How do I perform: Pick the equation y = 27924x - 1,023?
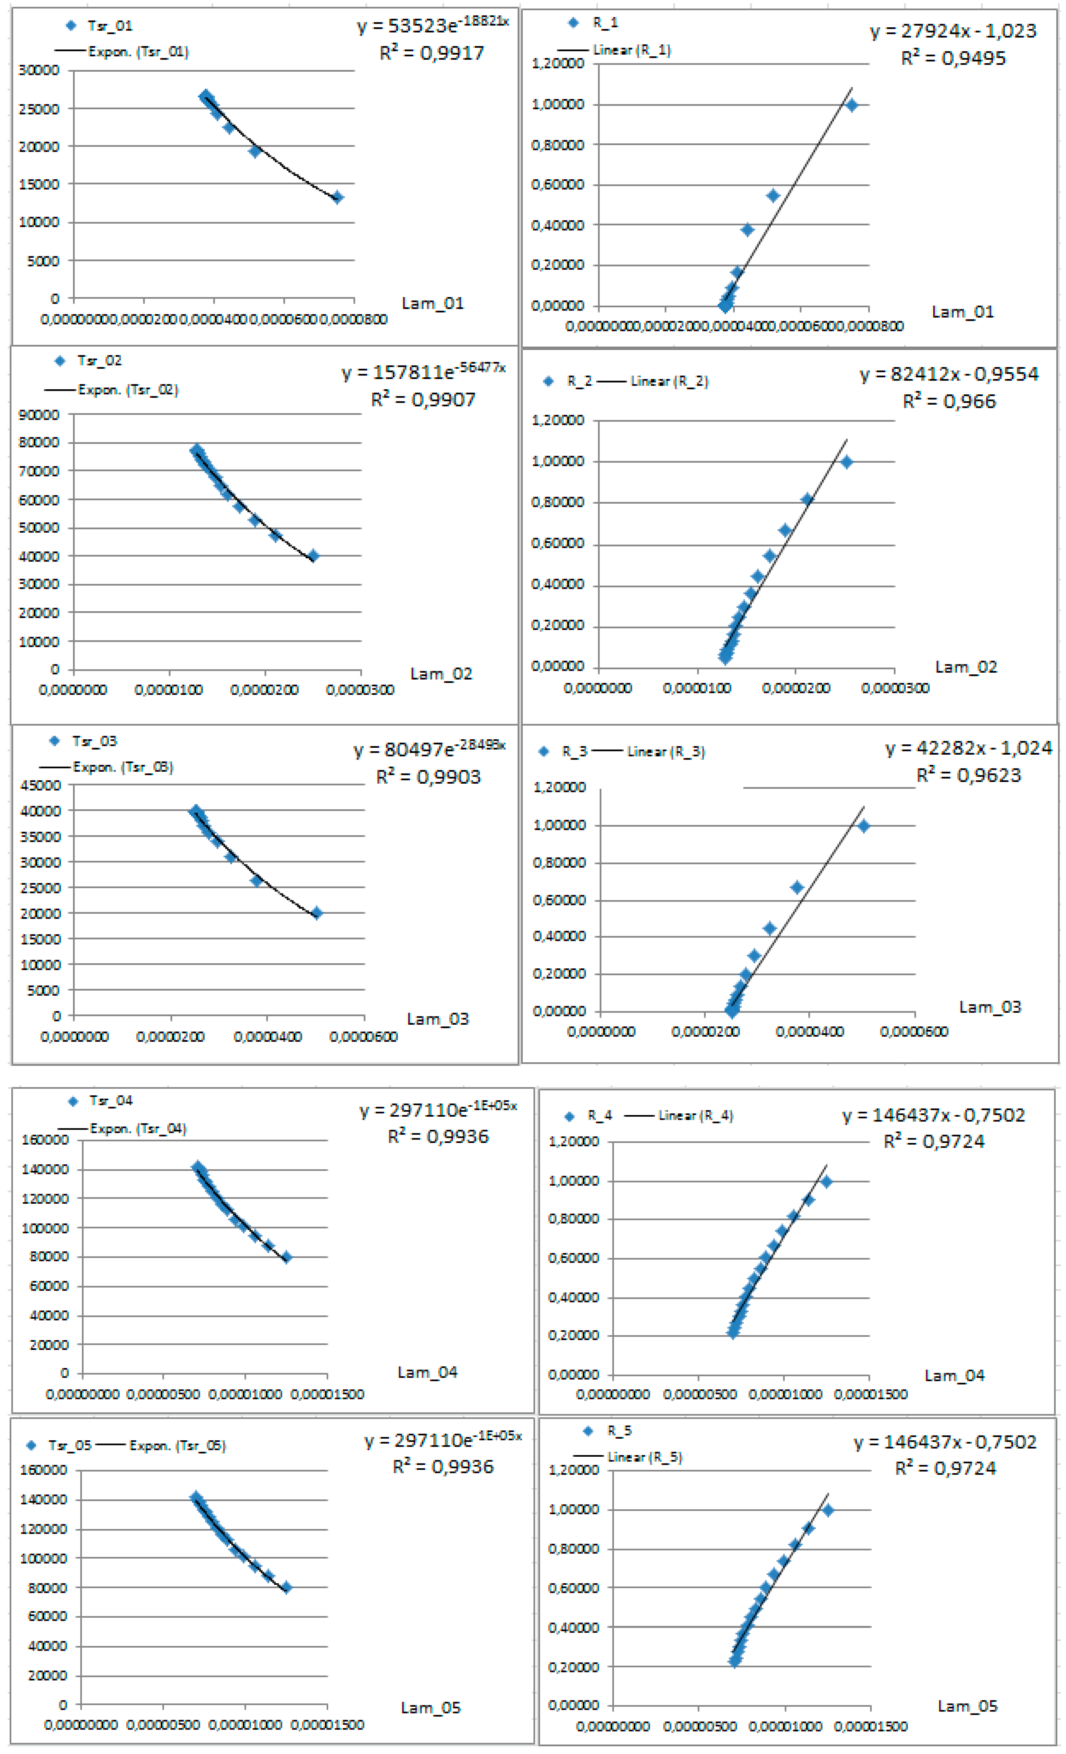point(953,31)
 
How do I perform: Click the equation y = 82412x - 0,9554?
point(949,374)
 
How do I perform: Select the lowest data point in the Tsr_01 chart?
point(338,197)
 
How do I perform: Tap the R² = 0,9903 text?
point(428,777)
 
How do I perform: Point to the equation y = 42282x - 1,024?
point(969,748)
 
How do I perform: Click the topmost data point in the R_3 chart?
point(863,826)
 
